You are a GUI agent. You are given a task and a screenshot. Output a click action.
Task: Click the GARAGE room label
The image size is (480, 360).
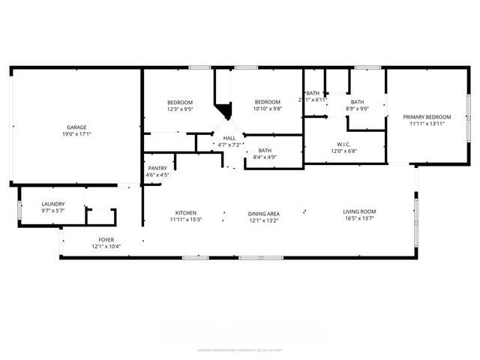tap(75, 127)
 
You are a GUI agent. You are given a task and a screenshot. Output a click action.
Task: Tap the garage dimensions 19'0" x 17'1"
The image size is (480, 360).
tap(75, 135)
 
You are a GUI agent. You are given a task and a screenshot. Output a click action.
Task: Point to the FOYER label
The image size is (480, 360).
tap(106, 239)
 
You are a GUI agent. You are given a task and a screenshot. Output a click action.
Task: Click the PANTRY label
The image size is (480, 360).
tap(157, 168)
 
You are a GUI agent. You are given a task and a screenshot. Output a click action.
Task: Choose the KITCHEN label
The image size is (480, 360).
tap(186, 212)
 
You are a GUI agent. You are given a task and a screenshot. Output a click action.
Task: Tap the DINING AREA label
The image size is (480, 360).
tap(264, 214)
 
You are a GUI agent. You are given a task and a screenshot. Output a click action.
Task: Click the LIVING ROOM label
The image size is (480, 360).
tap(360, 211)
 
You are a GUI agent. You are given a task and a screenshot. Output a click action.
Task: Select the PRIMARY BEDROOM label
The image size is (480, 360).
tap(427, 117)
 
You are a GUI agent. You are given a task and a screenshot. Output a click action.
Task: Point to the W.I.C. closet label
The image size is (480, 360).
tap(344, 144)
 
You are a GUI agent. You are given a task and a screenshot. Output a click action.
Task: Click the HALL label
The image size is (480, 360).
tap(229, 138)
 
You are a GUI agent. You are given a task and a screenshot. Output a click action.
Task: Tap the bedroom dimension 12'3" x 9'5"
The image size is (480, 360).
tap(180, 109)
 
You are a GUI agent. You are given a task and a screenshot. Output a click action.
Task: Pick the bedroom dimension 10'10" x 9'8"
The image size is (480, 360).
tap(267, 109)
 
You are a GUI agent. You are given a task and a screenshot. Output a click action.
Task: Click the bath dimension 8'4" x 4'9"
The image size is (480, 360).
tap(265, 157)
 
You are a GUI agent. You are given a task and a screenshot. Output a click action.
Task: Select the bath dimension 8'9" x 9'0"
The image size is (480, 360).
tap(357, 109)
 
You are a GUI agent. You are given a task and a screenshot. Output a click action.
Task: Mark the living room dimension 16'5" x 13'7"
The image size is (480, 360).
tap(360, 219)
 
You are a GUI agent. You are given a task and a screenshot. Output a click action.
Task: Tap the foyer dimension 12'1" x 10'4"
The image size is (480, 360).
tap(106, 247)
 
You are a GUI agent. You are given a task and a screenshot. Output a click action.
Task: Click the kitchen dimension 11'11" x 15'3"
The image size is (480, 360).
tap(186, 220)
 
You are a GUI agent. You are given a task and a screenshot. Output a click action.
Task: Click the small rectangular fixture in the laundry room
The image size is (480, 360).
tap(100, 216)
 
